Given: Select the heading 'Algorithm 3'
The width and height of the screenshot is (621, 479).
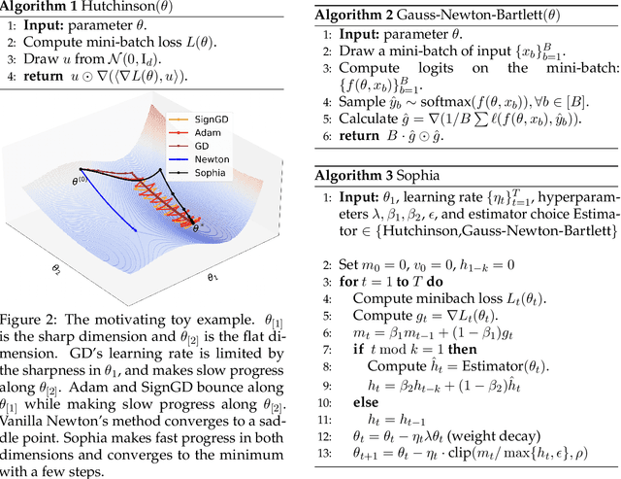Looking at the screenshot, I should [357, 177].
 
